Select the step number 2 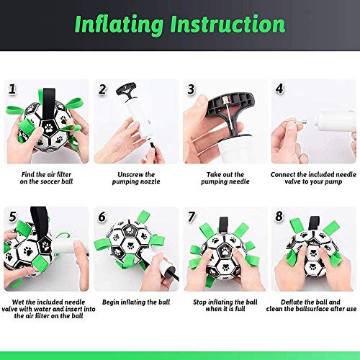pos(102,89)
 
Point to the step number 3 pos(192,89)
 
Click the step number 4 pos(281,89)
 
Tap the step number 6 pos(102,216)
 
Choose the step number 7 pos(192,216)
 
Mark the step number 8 pos(281,216)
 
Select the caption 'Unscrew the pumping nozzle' pos(135,178)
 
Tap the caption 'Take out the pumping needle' pos(225,178)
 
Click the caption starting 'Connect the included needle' pos(314,178)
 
